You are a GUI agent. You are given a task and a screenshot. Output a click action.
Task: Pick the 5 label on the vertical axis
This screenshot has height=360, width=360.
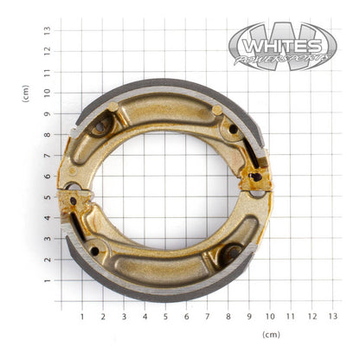(x=48, y=197)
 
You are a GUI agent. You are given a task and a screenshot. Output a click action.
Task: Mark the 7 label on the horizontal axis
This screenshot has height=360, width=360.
(x=207, y=316)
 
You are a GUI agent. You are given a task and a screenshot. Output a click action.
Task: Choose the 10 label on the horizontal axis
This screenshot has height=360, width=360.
(x=270, y=316)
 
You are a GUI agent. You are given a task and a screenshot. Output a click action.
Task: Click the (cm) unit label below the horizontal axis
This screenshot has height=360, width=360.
(x=270, y=334)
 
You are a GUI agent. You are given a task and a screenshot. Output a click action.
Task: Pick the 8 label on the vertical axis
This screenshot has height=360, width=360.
(x=48, y=134)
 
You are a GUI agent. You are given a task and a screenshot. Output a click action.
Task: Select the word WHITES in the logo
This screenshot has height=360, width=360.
(x=281, y=43)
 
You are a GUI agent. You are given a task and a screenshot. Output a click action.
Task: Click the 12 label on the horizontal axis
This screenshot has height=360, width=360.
(x=312, y=316)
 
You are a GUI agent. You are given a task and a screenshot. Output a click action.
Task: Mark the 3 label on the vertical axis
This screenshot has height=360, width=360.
(x=48, y=239)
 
